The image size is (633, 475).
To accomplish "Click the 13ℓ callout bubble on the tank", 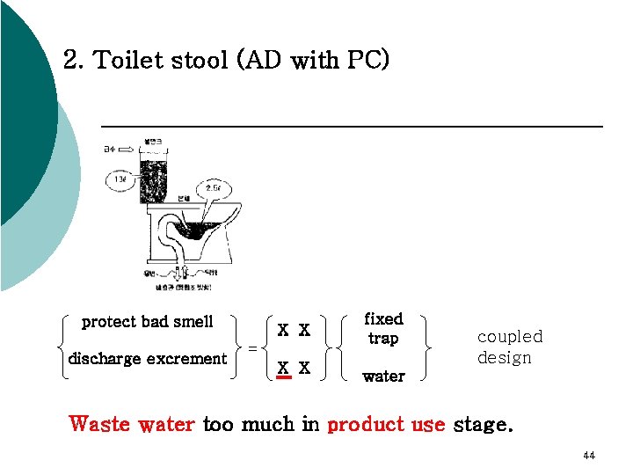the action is [x=120, y=180].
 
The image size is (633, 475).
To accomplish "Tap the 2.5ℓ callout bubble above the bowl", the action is [x=214, y=187].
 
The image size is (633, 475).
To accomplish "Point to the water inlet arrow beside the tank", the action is [x=127, y=150].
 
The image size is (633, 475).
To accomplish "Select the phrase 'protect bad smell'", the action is [x=147, y=322].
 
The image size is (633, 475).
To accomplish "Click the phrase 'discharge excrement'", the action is [x=148, y=359].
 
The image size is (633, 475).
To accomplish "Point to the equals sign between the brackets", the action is [x=252, y=347].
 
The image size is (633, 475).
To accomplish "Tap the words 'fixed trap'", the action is [x=383, y=328].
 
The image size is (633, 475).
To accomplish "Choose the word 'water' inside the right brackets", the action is [x=383, y=376].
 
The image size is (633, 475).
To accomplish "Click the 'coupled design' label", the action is [x=509, y=347].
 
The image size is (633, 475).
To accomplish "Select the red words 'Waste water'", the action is [x=132, y=424].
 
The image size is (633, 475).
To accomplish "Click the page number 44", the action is [x=588, y=456].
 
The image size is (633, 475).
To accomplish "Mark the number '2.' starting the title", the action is [x=74, y=61].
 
